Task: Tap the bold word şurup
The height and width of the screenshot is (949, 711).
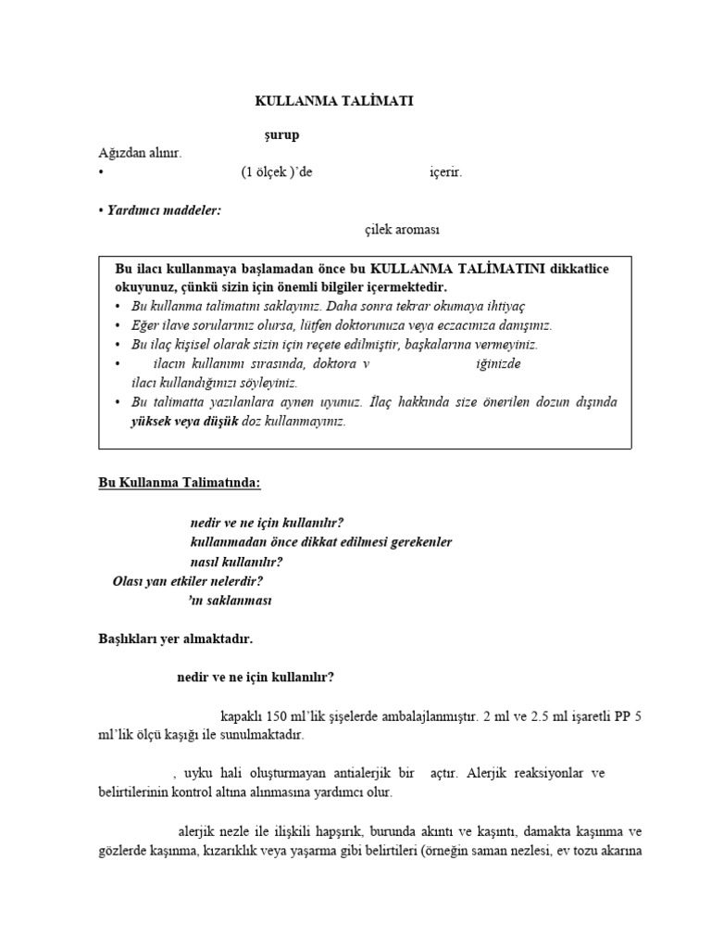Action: point(282,135)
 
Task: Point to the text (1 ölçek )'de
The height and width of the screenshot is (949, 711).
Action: point(270,171)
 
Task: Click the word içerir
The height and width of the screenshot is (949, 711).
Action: point(445,171)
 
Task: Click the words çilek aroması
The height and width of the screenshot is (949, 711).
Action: point(401,229)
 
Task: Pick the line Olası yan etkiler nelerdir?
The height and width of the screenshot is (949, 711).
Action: point(188,581)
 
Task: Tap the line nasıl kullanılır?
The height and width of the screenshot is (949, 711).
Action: point(236,562)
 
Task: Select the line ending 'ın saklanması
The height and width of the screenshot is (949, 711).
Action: point(231,601)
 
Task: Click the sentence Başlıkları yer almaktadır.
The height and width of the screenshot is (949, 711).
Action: point(175,639)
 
